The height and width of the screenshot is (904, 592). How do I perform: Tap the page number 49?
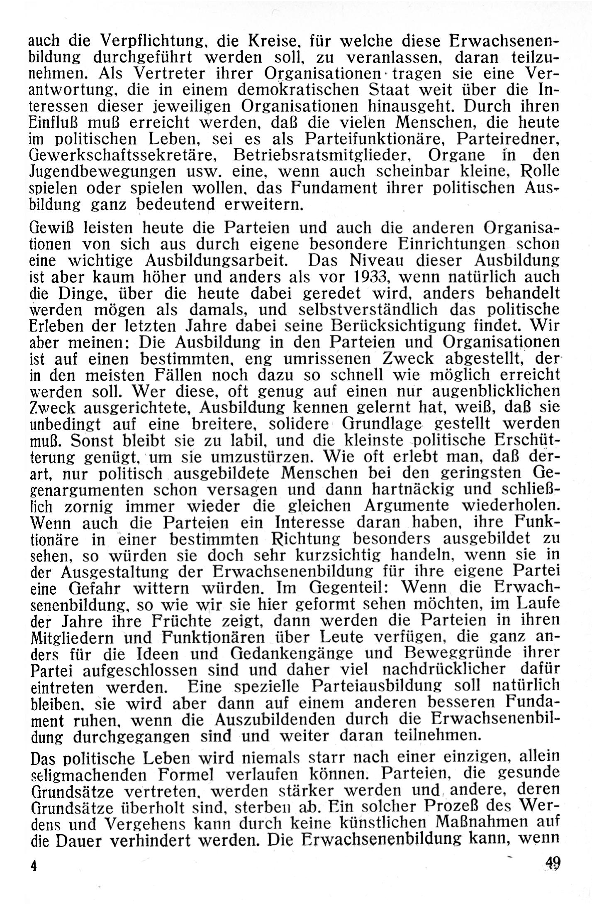click(x=553, y=863)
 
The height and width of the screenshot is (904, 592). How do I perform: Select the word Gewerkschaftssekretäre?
click(x=123, y=155)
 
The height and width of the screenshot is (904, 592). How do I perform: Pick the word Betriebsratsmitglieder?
click(x=322, y=155)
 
